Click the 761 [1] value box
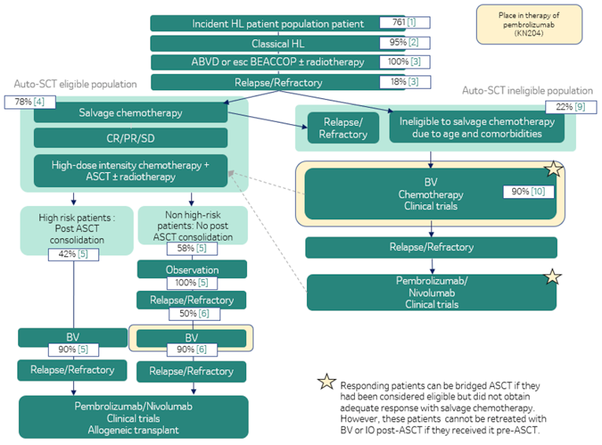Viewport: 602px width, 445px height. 405,22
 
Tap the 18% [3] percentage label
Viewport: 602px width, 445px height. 405,82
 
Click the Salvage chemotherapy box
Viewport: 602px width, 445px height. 131,113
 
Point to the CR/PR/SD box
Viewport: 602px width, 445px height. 131,139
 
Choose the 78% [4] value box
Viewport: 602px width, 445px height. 30,102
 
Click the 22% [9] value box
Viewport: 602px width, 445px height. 571,107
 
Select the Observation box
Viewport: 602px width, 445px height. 192,269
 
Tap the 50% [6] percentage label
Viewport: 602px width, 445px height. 194,313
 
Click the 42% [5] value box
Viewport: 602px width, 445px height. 73,254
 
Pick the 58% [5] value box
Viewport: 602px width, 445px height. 192,248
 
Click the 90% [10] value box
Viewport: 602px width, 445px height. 528,192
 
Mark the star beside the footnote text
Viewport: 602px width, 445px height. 326,381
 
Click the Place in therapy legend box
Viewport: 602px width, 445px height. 529,24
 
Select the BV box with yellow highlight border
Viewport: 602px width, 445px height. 191,337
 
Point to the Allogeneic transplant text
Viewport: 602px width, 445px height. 133,430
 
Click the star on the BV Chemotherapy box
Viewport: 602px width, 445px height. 554,169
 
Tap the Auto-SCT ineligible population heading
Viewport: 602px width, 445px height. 527,91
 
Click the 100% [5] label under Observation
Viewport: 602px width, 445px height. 192,283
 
